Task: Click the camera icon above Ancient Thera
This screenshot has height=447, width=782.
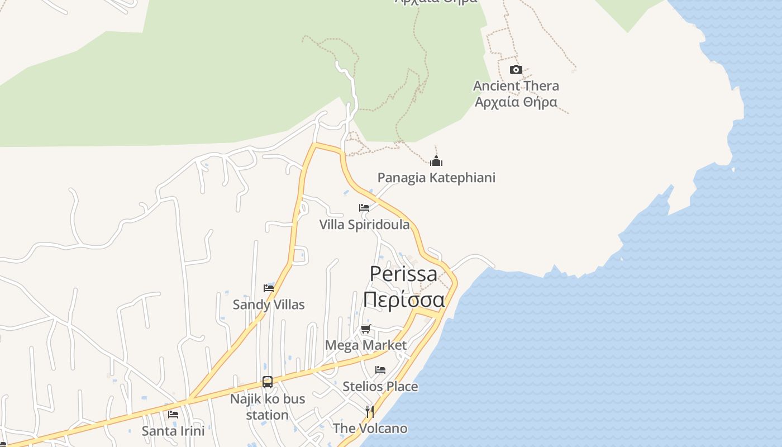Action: pos(516,70)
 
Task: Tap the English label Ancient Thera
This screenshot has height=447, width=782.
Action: pos(516,86)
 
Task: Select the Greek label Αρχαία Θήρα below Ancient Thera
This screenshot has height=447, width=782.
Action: pos(516,102)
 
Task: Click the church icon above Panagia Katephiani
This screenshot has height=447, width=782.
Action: pos(436,161)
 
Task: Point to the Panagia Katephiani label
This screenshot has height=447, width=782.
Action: pos(436,178)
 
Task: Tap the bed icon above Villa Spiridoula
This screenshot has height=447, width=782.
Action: pos(364,208)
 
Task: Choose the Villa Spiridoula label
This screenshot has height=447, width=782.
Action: pos(364,225)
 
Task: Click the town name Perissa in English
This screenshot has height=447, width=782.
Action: pos(404,274)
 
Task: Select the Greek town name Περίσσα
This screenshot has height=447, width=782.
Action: pos(404,299)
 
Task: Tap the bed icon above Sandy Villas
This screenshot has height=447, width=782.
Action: pos(269,288)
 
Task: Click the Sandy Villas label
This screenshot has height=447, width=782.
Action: pos(269,305)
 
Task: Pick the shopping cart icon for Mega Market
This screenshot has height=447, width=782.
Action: pos(366,329)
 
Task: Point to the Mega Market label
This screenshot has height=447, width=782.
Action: pos(366,345)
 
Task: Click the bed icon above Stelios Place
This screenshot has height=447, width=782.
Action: pos(380,370)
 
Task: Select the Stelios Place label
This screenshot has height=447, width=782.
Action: pos(380,386)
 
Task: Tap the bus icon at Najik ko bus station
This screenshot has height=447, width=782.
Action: pos(268,382)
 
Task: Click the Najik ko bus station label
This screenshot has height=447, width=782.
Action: pos(268,407)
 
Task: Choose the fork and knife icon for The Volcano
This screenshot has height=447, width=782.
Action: pos(369,412)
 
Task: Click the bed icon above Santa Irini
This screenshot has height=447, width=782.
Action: pos(173,415)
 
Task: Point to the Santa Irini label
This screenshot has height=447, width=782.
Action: pos(173,431)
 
